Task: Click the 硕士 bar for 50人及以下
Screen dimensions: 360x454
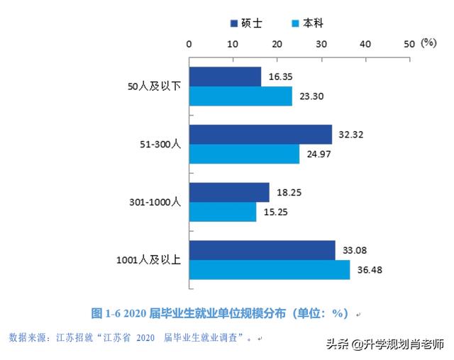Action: [224, 77]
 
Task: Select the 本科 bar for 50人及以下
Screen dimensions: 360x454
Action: [240, 96]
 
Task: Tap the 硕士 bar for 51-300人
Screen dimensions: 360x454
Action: [260, 135]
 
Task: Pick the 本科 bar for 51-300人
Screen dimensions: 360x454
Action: [243, 154]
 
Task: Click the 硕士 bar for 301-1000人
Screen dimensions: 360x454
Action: [228, 193]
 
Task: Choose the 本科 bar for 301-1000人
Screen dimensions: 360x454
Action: [222, 212]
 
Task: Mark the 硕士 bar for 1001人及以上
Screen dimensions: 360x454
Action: [261, 250]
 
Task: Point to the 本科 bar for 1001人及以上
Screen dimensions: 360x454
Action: [269, 270]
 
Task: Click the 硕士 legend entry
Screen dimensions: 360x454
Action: [245, 23]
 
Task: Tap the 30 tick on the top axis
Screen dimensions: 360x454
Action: [321, 43]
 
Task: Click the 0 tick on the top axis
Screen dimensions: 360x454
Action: [189, 43]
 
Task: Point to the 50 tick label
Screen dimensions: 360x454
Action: [409, 43]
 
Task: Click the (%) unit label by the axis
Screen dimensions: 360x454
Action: [428, 43]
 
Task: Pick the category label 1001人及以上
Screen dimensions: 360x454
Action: [148, 260]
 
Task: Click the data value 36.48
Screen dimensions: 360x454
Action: [372, 270]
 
